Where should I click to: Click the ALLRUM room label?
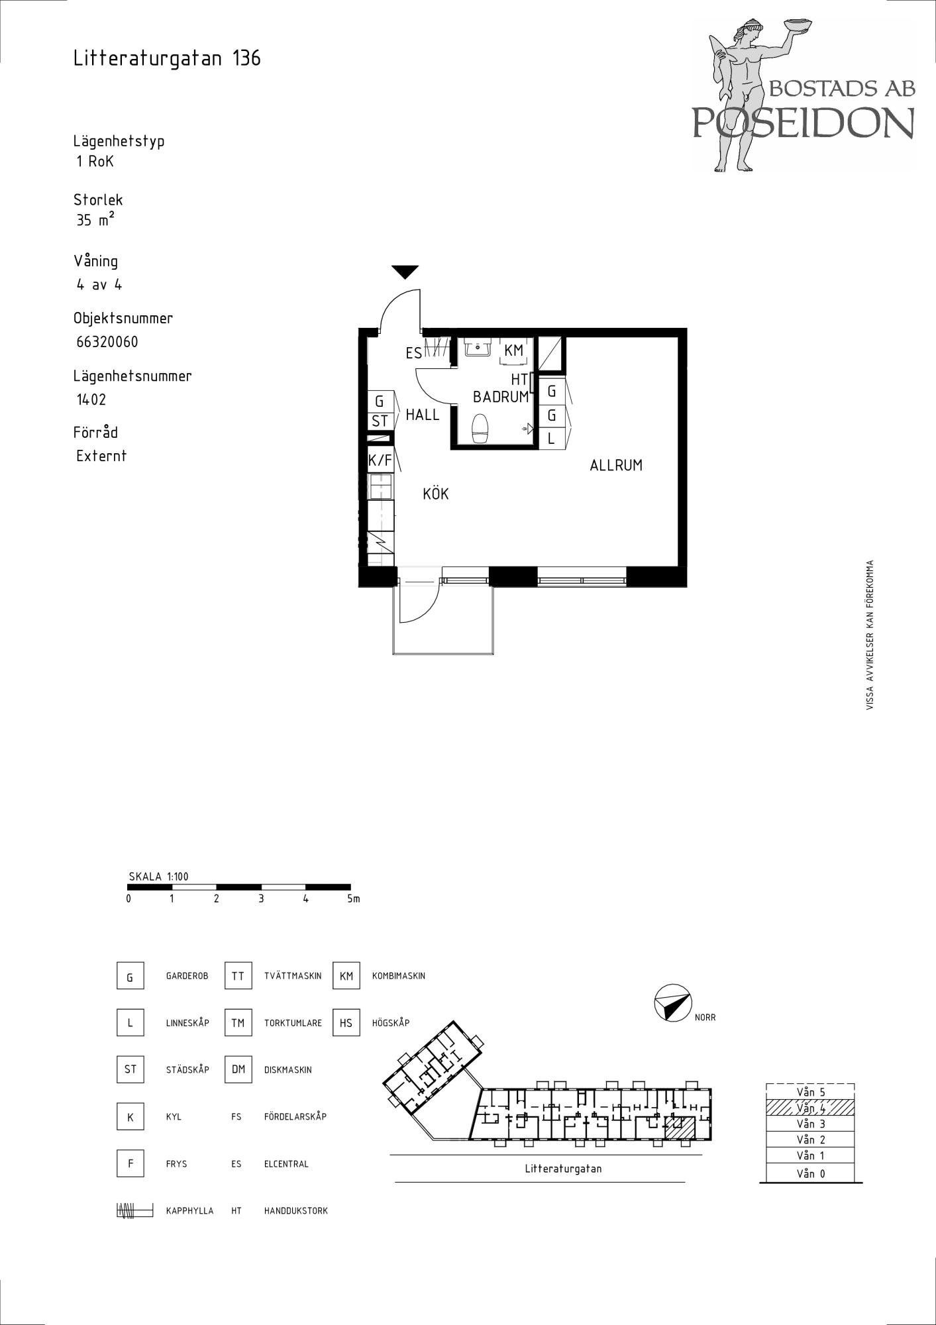[x=616, y=465]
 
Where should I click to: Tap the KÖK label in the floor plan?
[x=436, y=493]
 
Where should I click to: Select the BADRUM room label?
[x=501, y=397]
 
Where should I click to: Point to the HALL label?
[x=423, y=415]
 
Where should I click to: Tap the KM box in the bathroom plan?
[x=514, y=350]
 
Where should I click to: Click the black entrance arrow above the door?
[x=405, y=272]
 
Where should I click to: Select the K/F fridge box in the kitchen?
[x=380, y=459]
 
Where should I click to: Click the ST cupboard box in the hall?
[x=380, y=421]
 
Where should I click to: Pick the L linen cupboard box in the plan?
[x=551, y=438]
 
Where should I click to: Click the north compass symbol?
[x=672, y=1002]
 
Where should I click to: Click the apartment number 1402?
[x=91, y=399]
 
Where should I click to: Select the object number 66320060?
[x=107, y=342]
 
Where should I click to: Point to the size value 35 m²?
[x=95, y=219]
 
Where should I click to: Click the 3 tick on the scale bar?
[x=261, y=899]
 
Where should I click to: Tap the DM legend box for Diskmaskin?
[x=238, y=1069]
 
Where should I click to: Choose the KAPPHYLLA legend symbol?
[x=134, y=1210]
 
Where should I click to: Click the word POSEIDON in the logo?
[x=804, y=122]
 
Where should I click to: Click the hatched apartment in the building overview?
[x=679, y=1128]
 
